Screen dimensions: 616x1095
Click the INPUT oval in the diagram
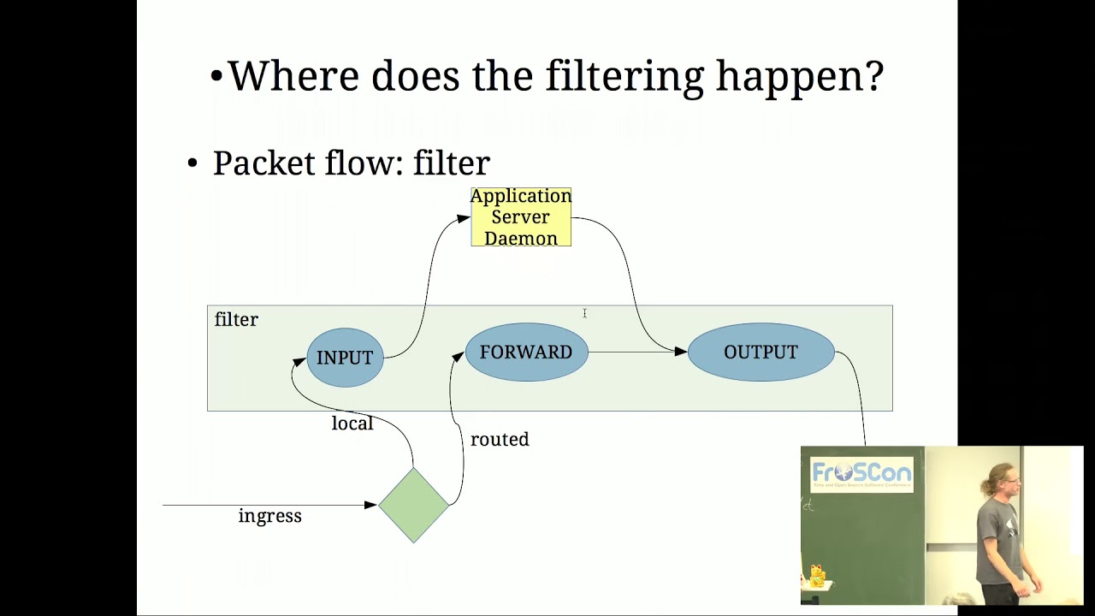coord(345,358)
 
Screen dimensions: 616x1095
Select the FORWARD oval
coord(526,352)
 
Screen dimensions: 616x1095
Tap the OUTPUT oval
coord(761,352)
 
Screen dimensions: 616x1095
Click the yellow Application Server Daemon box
coord(521,217)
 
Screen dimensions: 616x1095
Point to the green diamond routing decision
coord(413,505)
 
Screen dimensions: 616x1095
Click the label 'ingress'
coord(269,516)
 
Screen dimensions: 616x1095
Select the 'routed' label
coord(500,439)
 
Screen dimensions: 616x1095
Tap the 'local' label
coord(352,423)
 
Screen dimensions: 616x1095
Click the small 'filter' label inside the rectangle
coord(236,319)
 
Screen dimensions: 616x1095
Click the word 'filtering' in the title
coord(624,77)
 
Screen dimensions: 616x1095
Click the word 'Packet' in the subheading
coord(263,163)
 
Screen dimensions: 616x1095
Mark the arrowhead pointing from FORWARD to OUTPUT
coord(681,352)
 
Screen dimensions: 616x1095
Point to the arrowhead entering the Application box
coord(464,218)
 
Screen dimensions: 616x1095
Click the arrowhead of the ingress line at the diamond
coord(371,505)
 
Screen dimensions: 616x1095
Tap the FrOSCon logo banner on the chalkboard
coord(861,474)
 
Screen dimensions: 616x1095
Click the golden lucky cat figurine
coord(816,576)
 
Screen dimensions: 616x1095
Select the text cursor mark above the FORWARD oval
coord(584,314)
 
